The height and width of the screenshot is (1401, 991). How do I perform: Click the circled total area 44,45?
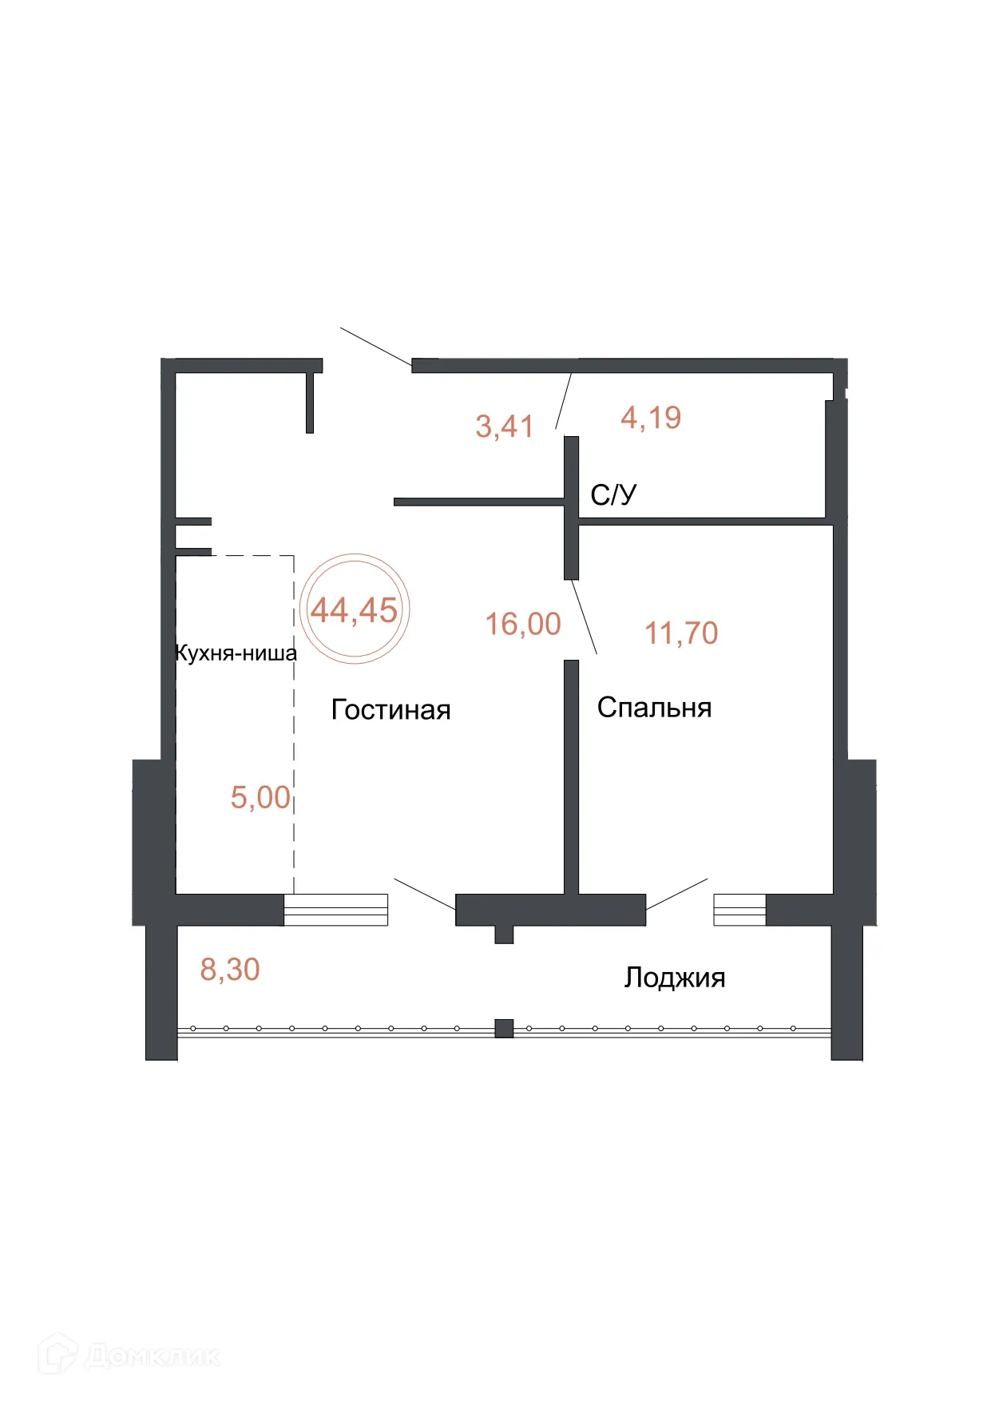coord(355,610)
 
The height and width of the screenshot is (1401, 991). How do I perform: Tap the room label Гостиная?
coord(390,709)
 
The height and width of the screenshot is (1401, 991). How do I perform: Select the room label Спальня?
coord(654,707)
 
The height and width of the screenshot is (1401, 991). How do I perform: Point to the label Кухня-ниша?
coord(236,653)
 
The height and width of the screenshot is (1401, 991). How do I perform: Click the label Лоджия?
coord(674,977)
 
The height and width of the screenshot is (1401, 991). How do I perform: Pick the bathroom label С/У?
coord(613,494)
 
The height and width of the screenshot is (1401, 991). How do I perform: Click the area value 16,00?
coord(523,624)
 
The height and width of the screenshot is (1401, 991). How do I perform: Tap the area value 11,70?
coord(681,633)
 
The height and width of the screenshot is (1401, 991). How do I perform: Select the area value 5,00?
coord(260,797)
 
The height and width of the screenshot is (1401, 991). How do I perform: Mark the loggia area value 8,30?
coord(230,969)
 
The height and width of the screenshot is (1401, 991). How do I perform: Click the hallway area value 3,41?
coord(504,426)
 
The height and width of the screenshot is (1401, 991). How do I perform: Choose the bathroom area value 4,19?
coord(651,417)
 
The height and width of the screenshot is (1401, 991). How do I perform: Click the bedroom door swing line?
coord(585,618)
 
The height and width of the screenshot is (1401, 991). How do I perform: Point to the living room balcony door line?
coord(425,894)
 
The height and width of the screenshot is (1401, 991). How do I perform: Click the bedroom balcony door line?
coord(676,894)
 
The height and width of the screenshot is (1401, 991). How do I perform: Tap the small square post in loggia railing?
coord(504,1028)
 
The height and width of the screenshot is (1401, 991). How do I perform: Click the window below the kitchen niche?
coord(335,910)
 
